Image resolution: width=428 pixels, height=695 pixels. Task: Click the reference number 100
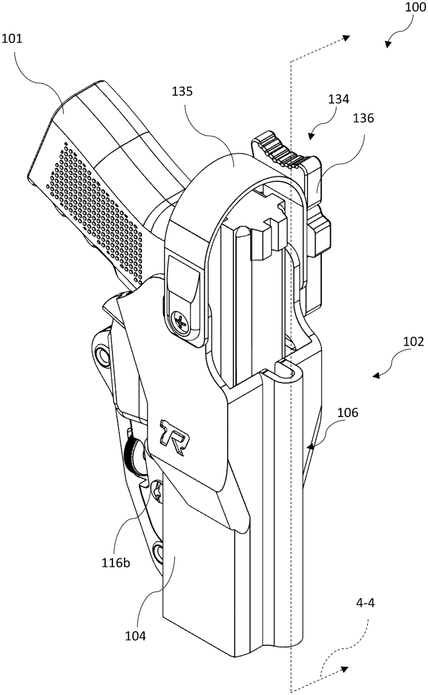tap(415, 7)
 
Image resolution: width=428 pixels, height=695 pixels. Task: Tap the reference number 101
tap(12, 39)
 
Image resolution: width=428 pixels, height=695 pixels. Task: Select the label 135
tap(182, 92)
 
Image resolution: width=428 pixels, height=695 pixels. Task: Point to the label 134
tap(339, 99)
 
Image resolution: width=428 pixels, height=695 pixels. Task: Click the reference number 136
tap(364, 118)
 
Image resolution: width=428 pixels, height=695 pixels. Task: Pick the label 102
tap(414, 342)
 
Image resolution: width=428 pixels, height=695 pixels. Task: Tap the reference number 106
tap(347, 412)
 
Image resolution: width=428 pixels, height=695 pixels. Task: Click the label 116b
tap(116, 562)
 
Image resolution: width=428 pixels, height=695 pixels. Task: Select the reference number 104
tap(136, 636)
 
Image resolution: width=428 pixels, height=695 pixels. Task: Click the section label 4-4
tap(365, 603)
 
